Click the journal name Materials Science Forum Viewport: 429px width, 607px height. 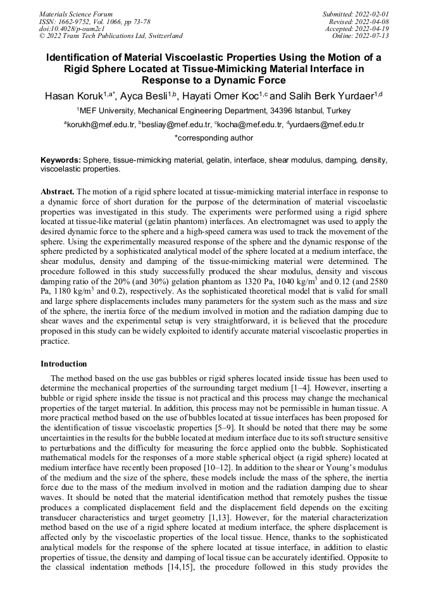76,14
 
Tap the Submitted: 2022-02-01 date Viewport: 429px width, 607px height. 356,14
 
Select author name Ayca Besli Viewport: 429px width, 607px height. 147,96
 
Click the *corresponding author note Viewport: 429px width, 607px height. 213,138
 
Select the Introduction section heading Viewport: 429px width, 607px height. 63,364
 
